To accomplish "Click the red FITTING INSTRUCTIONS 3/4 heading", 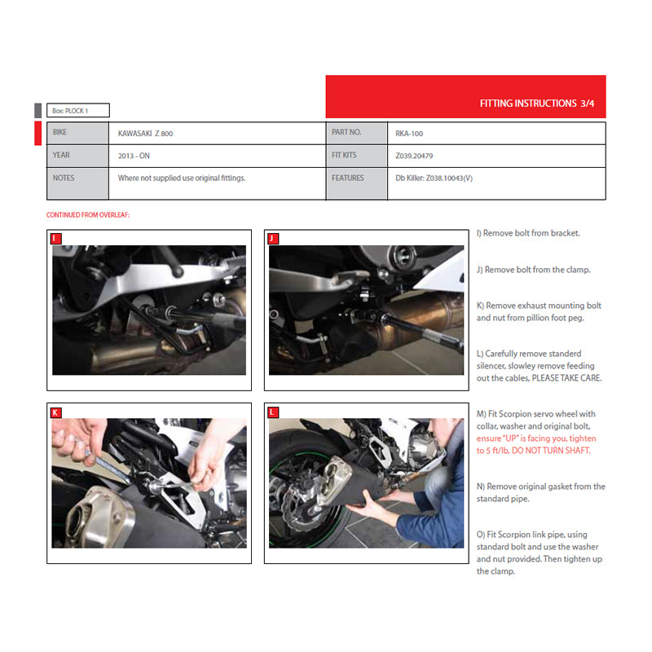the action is pos(537,104).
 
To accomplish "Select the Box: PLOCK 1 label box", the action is pos(78,111).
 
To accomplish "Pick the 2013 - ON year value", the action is pos(134,156).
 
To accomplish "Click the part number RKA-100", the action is pos(409,134).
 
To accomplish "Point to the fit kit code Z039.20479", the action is pos(414,156).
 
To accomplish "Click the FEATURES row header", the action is pos(348,178).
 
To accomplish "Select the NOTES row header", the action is pos(64,178).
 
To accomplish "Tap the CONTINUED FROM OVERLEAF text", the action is pos(88,215).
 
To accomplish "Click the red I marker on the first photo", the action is pos(55,239).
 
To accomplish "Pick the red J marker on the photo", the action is pos(273,239).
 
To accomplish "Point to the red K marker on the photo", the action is pos(55,412).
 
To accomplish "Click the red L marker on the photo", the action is pos(273,412).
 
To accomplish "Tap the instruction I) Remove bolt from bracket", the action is pos(528,233).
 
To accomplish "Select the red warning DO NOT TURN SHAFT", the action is pos(551,451).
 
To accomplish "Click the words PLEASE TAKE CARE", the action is pos(566,378).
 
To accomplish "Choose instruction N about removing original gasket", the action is pos(541,492).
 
